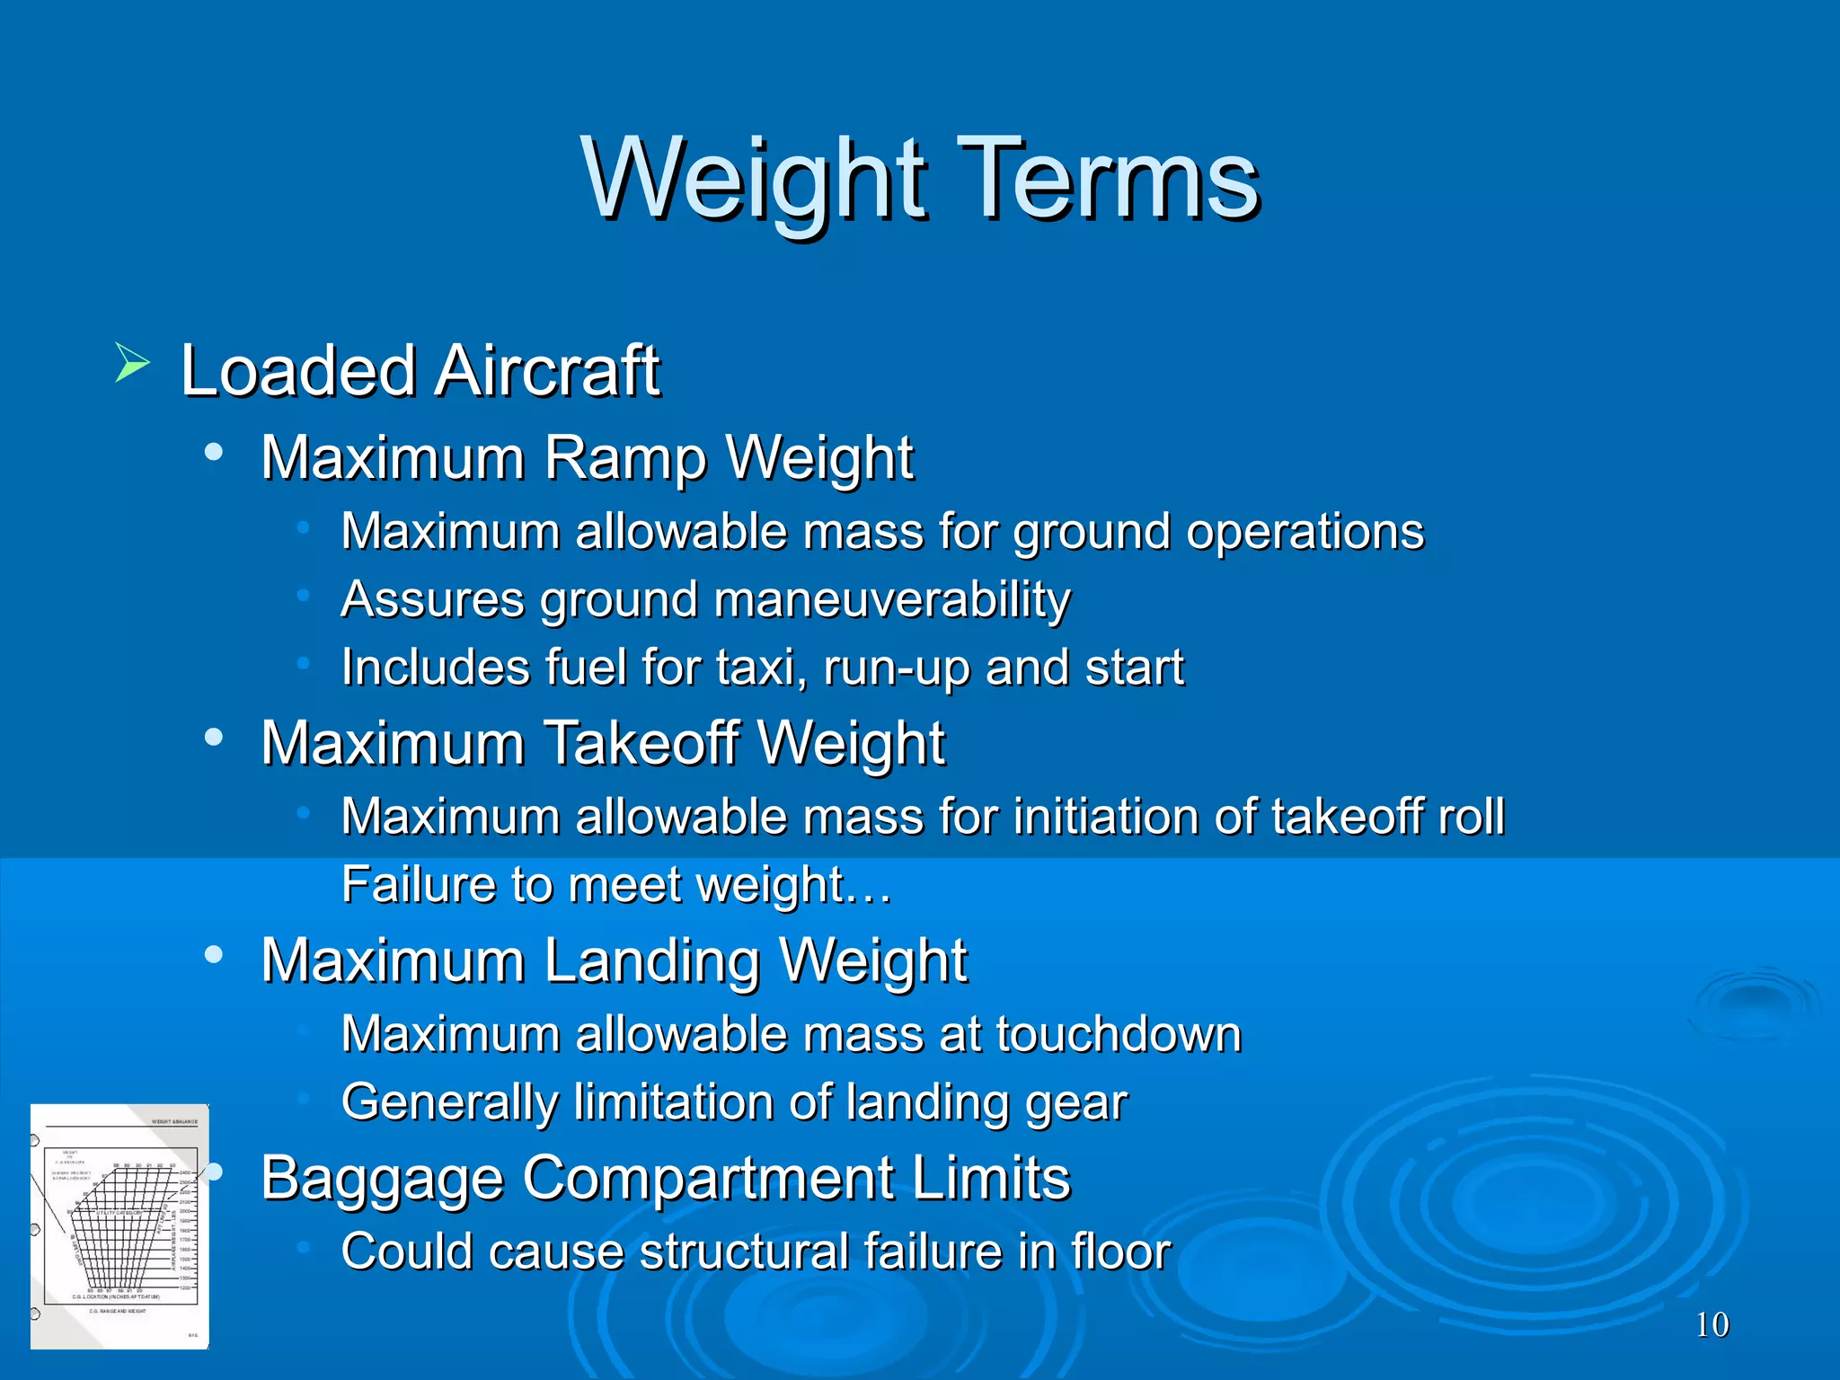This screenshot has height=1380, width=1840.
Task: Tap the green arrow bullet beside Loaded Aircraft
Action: point(132,363)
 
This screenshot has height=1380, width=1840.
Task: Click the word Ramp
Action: point(625,458)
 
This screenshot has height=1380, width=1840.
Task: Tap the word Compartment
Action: point(709,1179)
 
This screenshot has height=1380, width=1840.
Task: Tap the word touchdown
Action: point(1119,1034)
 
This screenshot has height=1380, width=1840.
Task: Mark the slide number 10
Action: point(1712,1325)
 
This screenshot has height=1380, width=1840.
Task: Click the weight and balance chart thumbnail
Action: point(119,1226)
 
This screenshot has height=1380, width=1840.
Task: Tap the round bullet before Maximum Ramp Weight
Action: point(213,452)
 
